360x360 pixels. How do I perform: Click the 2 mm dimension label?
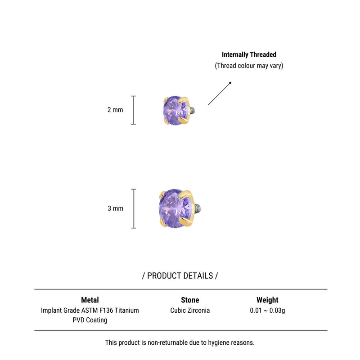point(115,110)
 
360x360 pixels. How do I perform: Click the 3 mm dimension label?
point(116,208)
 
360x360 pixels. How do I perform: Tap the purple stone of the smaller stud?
point(175,110)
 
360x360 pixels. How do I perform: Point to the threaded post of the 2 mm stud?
point(193,110)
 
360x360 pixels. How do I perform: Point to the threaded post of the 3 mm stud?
point(198,208)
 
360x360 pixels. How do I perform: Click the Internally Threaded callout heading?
point(249,54)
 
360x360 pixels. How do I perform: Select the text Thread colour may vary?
point(249,66)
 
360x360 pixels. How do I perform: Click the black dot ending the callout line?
point(230,83)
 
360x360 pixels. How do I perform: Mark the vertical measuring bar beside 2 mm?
point(133,110)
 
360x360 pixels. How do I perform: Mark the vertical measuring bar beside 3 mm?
point(133,209)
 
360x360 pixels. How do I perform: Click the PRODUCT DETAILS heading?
point(180,276)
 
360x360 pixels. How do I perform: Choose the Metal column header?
point(90,300)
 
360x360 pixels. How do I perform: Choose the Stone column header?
point(190,300)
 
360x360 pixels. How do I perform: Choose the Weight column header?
point(267,300)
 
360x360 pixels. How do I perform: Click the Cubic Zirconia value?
point(190,310)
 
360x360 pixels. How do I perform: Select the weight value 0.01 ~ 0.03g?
point(267,310)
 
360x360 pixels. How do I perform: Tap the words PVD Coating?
point(90,320)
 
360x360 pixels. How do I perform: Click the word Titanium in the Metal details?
point(127,310)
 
